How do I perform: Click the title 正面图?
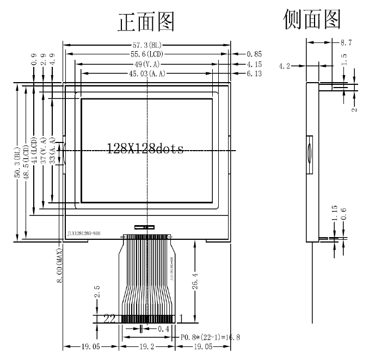coord(146,22)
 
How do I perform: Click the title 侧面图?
coord(312,19)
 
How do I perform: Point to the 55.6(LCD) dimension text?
coord(146,54)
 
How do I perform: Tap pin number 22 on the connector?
coord(110,319)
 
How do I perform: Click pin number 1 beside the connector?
coord(180,319)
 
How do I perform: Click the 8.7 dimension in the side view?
coord(346,42)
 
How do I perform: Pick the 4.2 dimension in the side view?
coord(284,66)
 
